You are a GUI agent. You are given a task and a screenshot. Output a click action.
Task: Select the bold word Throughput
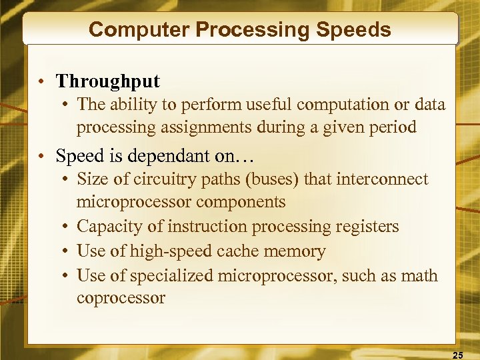[108, 82]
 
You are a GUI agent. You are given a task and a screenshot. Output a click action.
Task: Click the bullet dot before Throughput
[41, 82]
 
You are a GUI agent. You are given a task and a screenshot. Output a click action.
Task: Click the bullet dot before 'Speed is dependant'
[41, 157]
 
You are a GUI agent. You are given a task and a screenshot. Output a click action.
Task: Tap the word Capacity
[105, 227]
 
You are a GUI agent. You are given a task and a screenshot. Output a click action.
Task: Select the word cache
[255, 251]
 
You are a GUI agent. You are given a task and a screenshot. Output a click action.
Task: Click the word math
[420, 275]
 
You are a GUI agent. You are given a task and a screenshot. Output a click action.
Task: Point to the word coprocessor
[121, 297]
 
